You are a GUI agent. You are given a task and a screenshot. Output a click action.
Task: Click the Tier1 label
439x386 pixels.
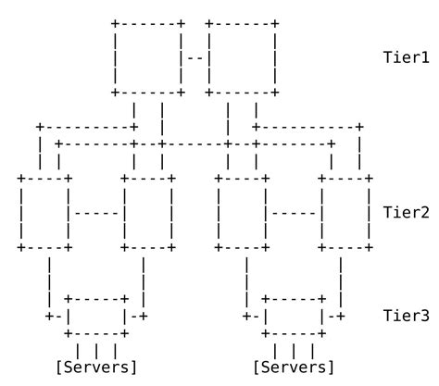pos(406,56)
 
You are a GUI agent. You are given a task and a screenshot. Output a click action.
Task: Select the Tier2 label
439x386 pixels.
pos(406,212)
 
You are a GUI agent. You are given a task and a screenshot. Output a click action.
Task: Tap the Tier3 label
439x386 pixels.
pos(406,316)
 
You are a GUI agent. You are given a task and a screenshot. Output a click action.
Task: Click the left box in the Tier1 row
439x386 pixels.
pos(148,56)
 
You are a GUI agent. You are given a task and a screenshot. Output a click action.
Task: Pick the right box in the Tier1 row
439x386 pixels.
pos(243,56)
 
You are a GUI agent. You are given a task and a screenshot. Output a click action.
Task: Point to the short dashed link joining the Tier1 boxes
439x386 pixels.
pos(195,56)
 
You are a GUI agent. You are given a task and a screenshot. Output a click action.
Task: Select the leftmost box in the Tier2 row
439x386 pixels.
pos(44,212)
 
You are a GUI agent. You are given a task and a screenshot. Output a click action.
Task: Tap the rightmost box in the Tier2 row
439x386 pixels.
pos(346,212)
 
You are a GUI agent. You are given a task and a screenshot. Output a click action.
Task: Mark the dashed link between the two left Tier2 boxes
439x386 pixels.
pos(96,212)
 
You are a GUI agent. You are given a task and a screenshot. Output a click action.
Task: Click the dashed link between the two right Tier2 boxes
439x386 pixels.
pos(295,212)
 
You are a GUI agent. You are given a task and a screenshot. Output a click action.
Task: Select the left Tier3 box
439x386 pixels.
pos(96,316)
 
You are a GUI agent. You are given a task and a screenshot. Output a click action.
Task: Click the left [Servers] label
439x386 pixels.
pos(96,367)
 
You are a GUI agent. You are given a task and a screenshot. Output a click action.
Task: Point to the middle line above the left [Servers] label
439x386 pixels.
pos(96,350)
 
